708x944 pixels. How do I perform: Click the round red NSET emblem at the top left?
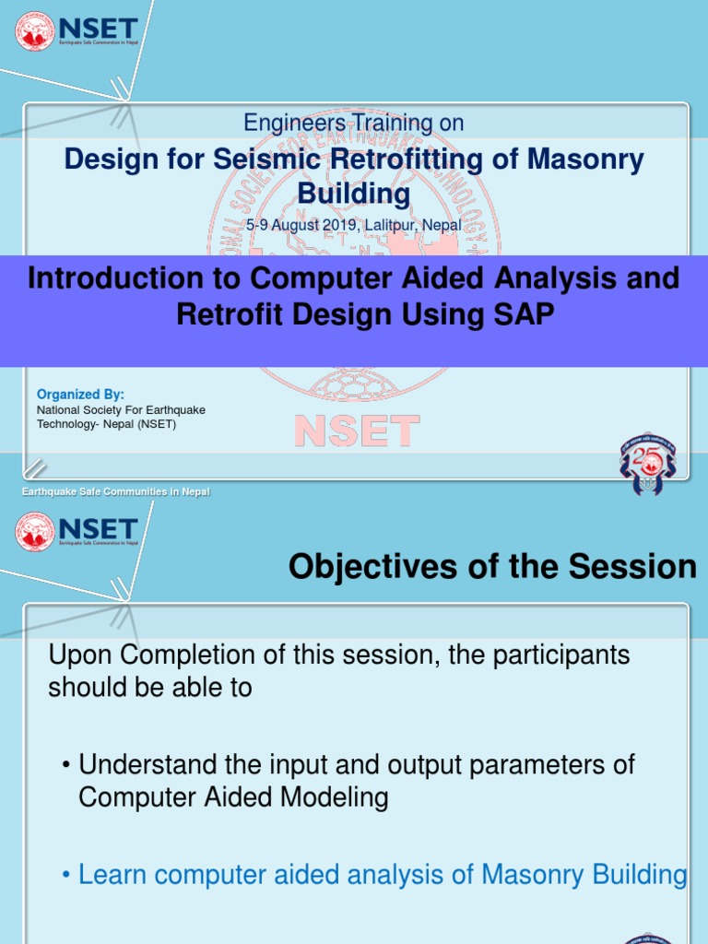35,30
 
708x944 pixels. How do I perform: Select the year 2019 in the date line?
338,225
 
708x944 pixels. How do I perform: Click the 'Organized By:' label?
80,394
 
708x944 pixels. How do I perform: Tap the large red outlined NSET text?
357,431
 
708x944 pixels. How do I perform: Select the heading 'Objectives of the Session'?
492,567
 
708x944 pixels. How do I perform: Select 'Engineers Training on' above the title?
353,123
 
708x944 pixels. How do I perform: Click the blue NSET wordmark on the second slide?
98,529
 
